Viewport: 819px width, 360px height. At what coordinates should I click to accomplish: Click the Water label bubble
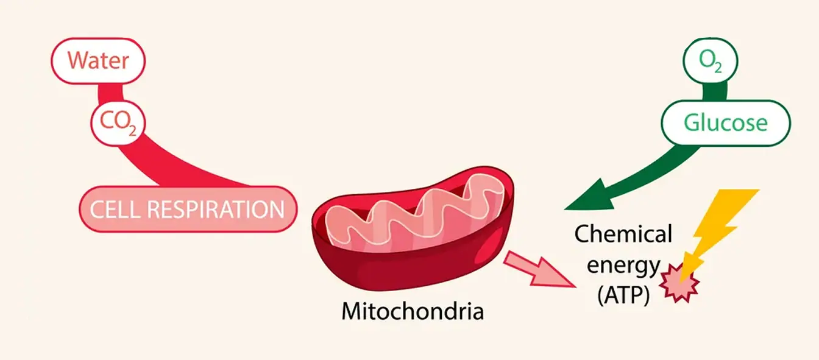pyautogui.click(x=97, y=60)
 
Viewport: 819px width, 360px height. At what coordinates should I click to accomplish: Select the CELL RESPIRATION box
pyautogui.click(x=188, y=209)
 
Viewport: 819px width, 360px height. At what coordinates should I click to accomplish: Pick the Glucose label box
pyautogui.click(x=725, y=123)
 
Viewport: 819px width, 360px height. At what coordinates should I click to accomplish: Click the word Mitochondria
pyautogui.click(x=413, y=312)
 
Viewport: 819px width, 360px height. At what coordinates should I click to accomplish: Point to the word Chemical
pyautogui.click(x=623, y=234)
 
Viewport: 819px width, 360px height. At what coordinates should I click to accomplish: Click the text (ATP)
pyautogui.click(x=623, y=296)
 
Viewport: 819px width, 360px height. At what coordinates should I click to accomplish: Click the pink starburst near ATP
pyautogui.click(x=679, y=283)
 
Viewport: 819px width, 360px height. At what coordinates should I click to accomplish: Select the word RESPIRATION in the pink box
pyautogui.click(x=216, y=209)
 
